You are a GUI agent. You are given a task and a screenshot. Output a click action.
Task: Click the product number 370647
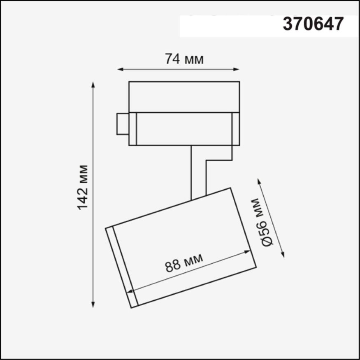click(313, 24)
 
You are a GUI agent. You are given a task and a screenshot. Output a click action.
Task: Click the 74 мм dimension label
click(184, 59)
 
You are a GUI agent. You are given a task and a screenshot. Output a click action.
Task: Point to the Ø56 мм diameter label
click(262, 222)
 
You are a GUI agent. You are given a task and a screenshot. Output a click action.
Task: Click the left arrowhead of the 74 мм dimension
click(121, 69)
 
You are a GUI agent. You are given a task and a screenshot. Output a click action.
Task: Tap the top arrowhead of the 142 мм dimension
click(93, 84)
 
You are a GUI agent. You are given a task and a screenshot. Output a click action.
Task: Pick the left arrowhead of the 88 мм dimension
click(130, 292)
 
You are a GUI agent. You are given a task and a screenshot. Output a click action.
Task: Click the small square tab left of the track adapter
click(123, 123)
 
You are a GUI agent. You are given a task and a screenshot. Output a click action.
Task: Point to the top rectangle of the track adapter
click(184, 97)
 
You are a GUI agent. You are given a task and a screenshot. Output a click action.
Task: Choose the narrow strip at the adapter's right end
click(236, 129)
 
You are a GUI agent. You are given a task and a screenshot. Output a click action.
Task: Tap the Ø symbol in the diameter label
click(267, 241)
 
